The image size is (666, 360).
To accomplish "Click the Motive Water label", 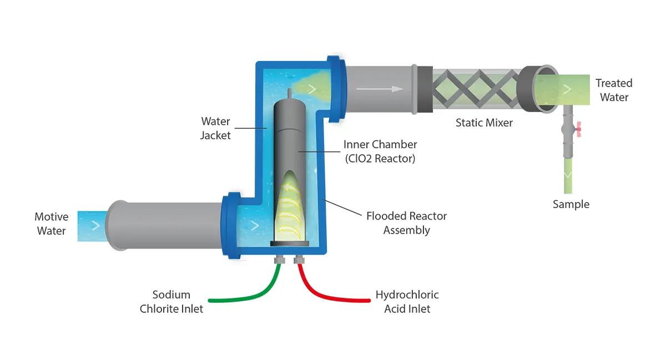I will click(x=51, y=224).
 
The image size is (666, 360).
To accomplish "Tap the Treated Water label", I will click(x=613, y=90).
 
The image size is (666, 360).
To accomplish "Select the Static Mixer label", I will click(x=484, y=123).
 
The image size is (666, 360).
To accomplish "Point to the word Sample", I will click(x=571, y=204).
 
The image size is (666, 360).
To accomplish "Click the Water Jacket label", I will click(x=215, y=128).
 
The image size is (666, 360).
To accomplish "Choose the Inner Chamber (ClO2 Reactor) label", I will click(x=380, y=151).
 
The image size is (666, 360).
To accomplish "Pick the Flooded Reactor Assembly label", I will click(x=406, y=223).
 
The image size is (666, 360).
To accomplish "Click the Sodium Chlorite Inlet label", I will click(x=171, y=302).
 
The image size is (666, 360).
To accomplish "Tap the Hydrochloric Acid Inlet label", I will click(x=407, y=302).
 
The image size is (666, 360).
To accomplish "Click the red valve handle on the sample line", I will click(x=578, y=130).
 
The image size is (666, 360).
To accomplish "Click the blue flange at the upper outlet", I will click(x=336, y=89).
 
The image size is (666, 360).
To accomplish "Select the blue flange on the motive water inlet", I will click(x=231, y=225).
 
